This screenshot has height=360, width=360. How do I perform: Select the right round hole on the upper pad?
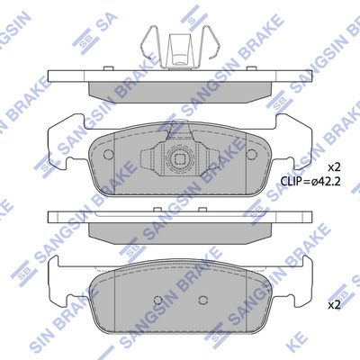[x=252, y=154]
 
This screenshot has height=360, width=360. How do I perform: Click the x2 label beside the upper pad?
[x=334, y=167]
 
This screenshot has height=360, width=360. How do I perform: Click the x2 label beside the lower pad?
[x=334, y=305]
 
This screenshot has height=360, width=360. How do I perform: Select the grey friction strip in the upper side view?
[x=180, y=88]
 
